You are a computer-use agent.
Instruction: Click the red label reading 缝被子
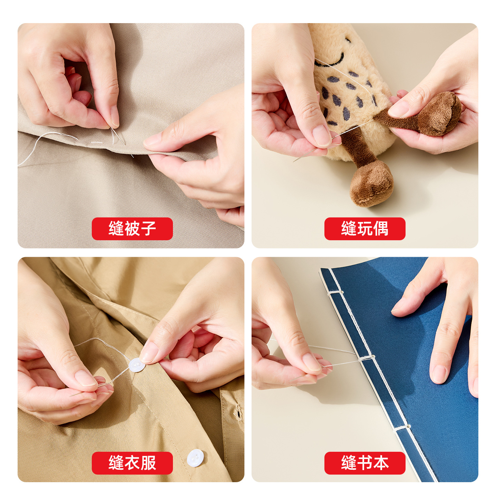pyautogui.click(x=132, y=228)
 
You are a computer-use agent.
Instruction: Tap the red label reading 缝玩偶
pyautogui.click(x=365, y=228)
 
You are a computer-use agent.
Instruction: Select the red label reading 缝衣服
pyautogui.click(x=132, y=463)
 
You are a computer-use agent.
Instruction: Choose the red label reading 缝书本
pyautogui.click(x=365, y=463)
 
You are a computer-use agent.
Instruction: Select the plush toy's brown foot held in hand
pyautogui.click(x=440, y=114)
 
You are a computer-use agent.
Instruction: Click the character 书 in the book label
pyautogui.click(x=365, y=463)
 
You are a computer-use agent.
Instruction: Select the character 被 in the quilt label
pyautogui.click(x=132, y=228)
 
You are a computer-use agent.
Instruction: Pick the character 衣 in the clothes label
pyautogui.click(x=132, y=463)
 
